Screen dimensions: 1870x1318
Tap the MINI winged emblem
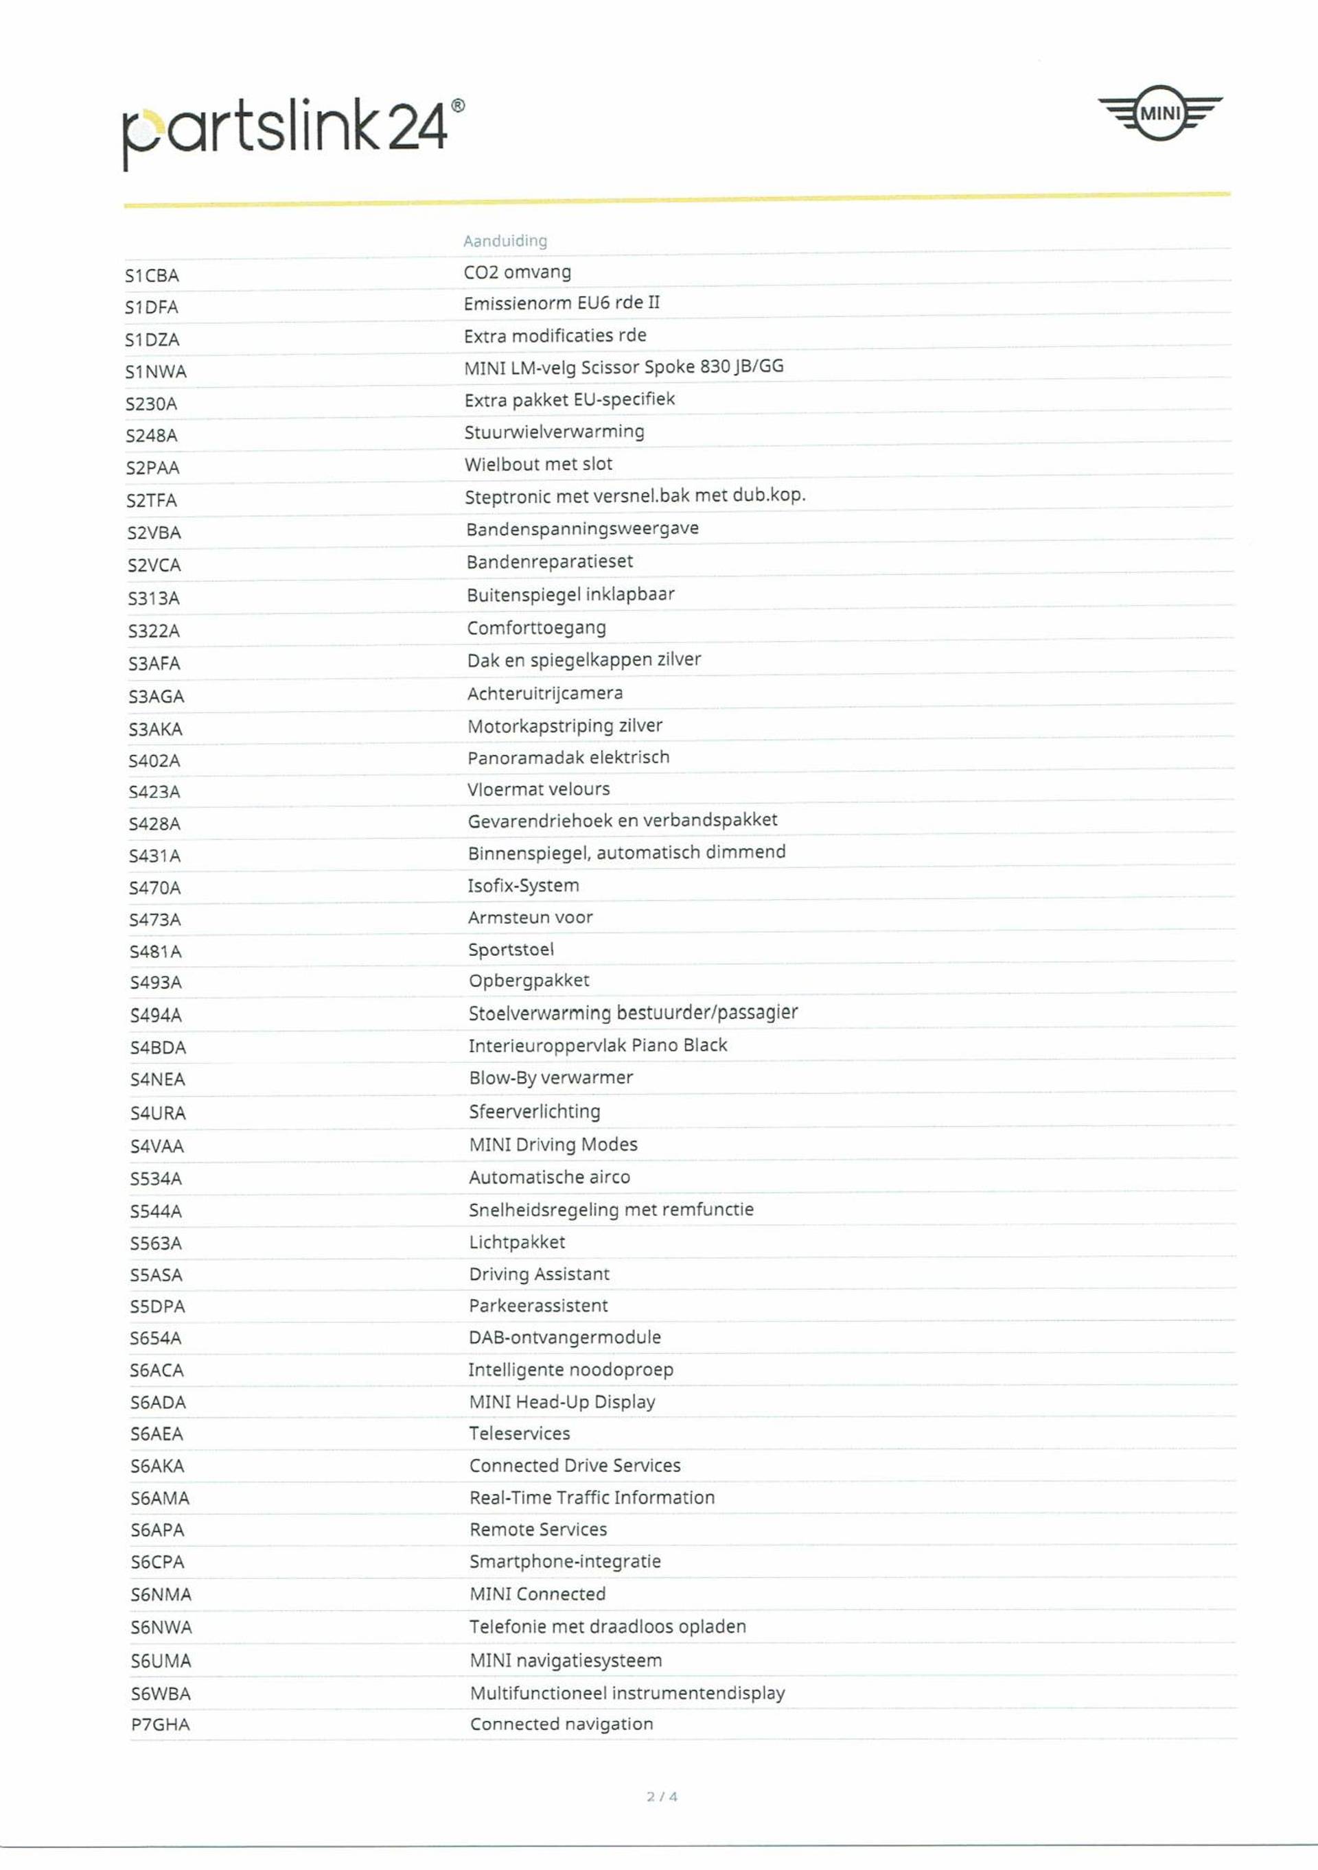[x=1159, y=113]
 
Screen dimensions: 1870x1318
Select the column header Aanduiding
[x=505, y=241]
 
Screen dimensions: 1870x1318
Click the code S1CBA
[x=152, y=276]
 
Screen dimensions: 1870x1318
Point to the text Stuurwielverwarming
[x=554, y=432]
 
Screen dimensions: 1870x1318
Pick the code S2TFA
[x=152, y=500]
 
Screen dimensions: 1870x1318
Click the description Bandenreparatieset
[x=550, y=561]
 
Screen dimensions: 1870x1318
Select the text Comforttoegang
[x=536, y=628]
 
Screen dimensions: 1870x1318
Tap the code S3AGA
[x=156, y=697]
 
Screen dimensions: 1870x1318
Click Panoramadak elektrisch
[x=568, y=758]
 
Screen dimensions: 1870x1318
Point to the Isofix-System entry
[x=523, y=885]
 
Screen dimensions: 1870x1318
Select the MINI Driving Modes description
[x=553, y=1145]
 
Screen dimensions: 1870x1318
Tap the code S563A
[x=156, y=1243]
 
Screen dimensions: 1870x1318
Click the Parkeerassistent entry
[x=538, y=1306]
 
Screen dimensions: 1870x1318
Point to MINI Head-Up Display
[x=562, y=1402]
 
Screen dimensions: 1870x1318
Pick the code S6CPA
[x=157, y=1561]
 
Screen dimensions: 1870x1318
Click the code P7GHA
[x=160, y=1725]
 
